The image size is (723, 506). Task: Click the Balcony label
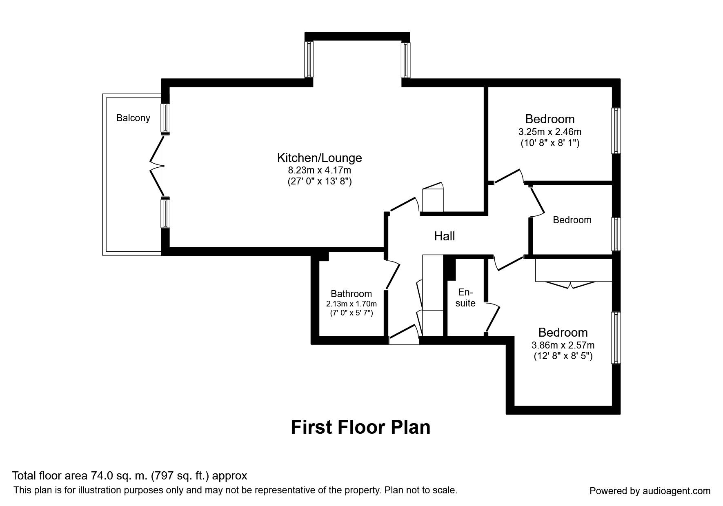(133, 118)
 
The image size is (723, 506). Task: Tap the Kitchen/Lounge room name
(319, 158)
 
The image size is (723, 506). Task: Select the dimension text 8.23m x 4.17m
(319, 170)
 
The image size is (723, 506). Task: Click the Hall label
(444, 236)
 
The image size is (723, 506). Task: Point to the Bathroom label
(351, 293)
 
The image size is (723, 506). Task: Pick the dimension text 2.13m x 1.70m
(351, 304)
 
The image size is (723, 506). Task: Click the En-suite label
(465, 297)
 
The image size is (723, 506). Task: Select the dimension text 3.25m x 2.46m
(549, 132)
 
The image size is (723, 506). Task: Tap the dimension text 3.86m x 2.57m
(563, 345)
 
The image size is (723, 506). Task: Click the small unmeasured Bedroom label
(572, 220)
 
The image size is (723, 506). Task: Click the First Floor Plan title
(360, 427)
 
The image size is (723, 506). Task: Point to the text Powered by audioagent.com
(650, 491)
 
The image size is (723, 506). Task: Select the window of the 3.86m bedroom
(616, 337)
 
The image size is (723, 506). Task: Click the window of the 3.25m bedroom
(616, 131)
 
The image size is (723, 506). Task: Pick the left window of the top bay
(309, 60)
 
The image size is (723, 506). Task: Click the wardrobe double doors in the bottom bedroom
(570, 285)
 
